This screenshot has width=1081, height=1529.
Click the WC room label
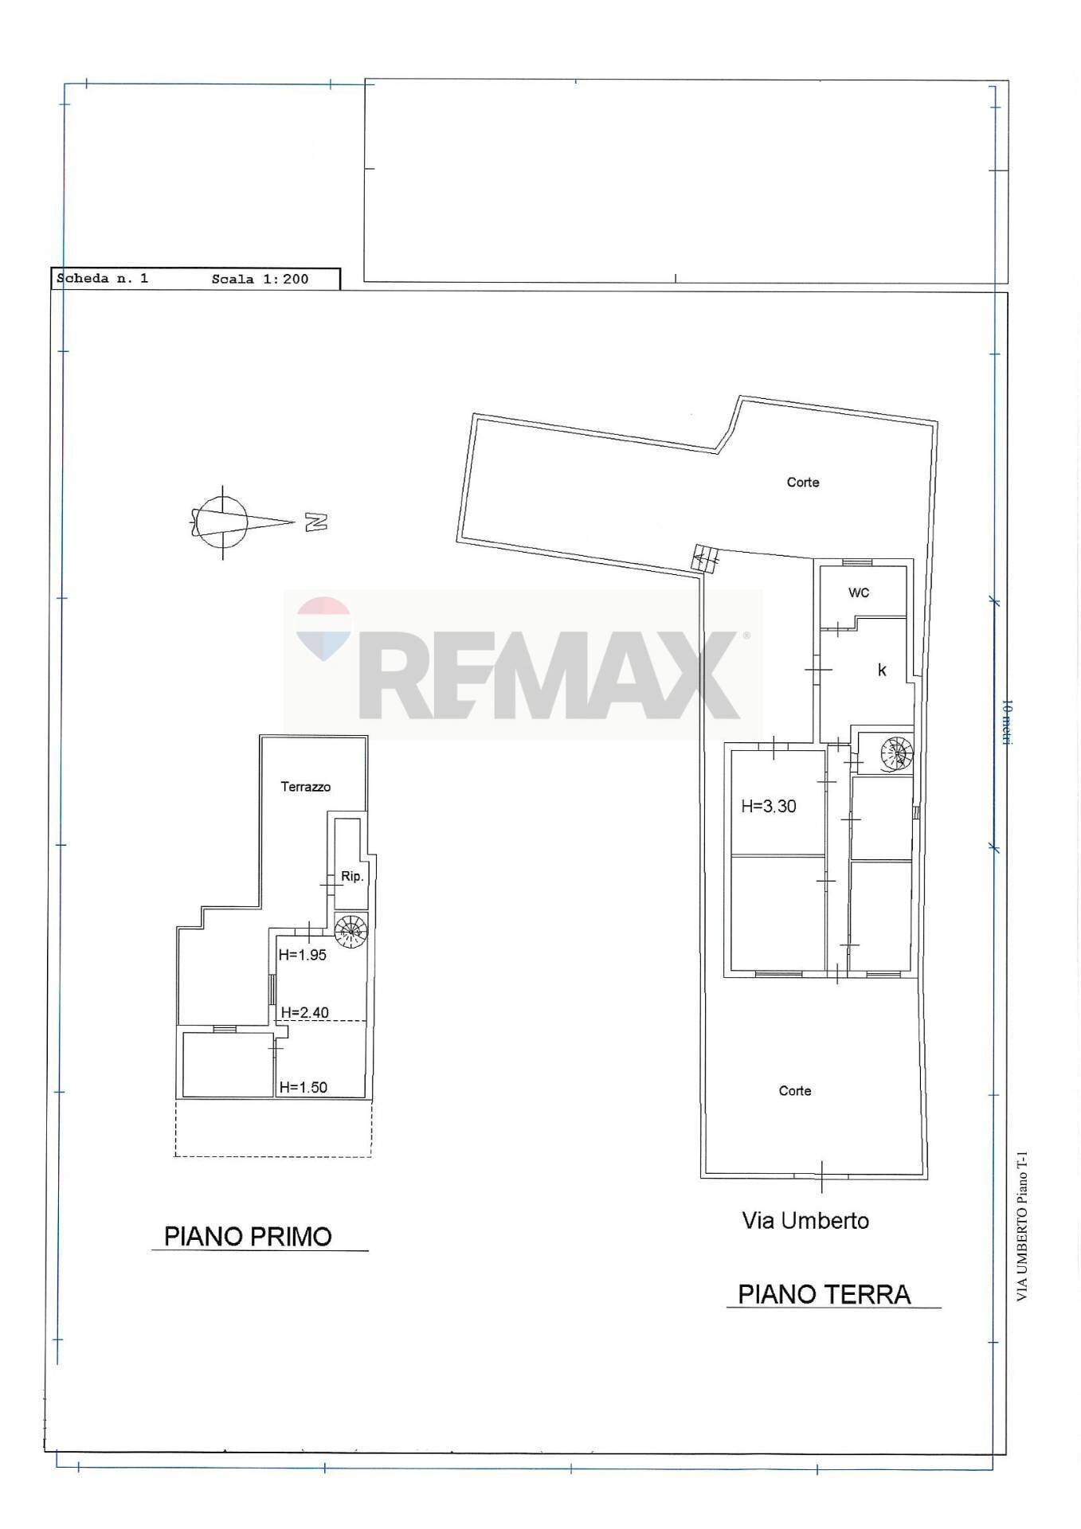(x=858, y=592)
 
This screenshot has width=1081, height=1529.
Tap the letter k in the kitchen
(x=882, y=670)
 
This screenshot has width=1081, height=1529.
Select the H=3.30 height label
(x=768, y=806)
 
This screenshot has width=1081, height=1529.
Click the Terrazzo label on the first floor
(x=305, y=787)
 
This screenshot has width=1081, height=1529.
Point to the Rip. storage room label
(x=352, y=876)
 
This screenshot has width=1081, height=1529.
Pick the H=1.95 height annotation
(x=303, y=955)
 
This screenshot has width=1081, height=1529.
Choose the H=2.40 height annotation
(x=304, y=1013)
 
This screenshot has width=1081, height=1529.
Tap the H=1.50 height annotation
(x=303, y=1087)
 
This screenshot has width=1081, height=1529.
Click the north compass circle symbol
(x=222, y=522)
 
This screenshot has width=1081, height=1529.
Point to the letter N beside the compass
(x=316, y=522)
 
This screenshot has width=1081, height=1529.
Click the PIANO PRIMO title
(x=248, y=1237)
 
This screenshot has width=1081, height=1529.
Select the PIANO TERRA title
(x=824, y=1294)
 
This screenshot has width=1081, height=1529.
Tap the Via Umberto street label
(x=805, y=1221)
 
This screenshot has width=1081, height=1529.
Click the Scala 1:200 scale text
(x=260, y=279)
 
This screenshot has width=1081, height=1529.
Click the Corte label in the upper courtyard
(x=802, y=482)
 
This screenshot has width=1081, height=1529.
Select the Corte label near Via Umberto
(x=794, y=1091)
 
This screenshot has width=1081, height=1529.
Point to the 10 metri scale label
(x=1006, y=721)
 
